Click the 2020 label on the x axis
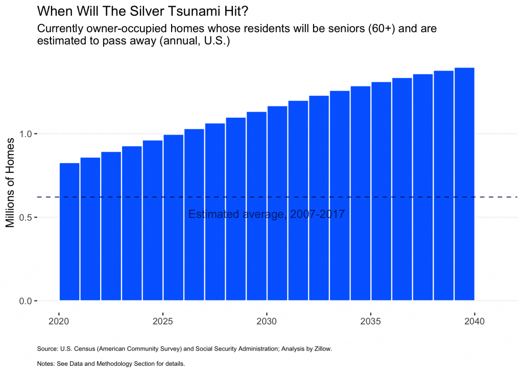59,322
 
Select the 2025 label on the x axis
162,322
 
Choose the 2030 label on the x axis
266,322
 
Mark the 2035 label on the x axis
371,322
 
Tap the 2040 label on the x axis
474,322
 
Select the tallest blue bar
465,184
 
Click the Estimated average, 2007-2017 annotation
267,214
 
